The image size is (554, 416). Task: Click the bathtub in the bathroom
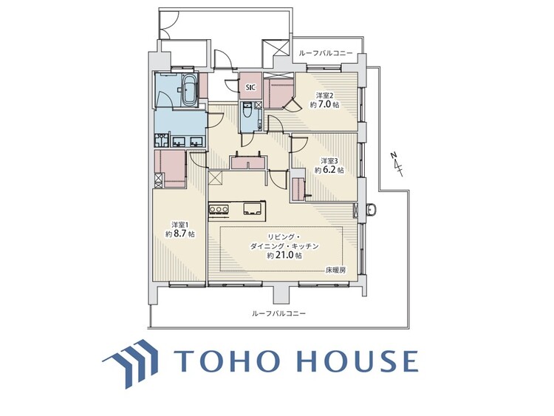(187, 89)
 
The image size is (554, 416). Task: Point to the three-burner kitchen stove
(219, 210)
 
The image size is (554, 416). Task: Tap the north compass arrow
(397, 163)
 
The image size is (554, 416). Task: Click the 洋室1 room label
(180, 225)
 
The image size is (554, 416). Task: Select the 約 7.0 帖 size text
(325, 106)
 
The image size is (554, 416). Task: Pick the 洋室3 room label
(329, 160)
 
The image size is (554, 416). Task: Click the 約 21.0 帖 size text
(284, 256)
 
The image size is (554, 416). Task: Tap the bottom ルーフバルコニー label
(278, 314)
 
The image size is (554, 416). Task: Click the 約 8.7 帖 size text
(180, 234)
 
